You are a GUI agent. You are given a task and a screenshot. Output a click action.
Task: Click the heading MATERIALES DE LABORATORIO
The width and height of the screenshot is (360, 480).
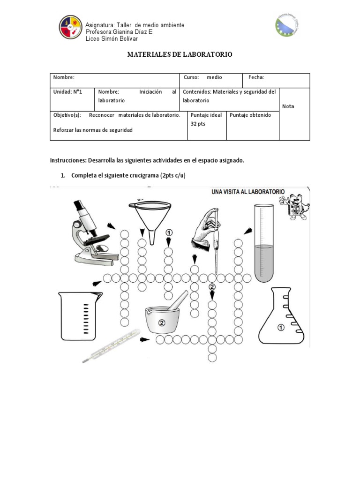pyautogui.click(x=180, y=55)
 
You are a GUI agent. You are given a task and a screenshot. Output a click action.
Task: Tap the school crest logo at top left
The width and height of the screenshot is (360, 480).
pyautogui.click(x=70, y=27)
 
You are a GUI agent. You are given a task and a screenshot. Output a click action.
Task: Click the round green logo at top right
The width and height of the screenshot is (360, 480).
pyautogui.click(x=287, y=25)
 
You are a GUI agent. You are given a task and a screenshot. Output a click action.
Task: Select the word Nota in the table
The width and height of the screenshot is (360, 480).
pyautogui.click(x=288, y=106)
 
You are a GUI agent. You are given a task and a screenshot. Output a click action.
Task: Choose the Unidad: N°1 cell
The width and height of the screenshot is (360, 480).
pyautogui.click(x=68, y=92)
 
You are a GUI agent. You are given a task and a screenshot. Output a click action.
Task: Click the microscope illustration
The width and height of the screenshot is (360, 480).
pyautogui.click(x=91, y=232)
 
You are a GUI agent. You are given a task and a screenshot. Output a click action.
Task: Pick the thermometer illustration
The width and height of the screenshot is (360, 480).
pyautogui.click(x=112, y=346)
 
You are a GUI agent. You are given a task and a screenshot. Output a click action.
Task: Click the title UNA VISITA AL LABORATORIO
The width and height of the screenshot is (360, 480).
pyautogui.click(x=248, y=192)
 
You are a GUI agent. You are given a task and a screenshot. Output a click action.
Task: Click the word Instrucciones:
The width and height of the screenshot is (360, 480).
pyautogui.click(x=68, y=160)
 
